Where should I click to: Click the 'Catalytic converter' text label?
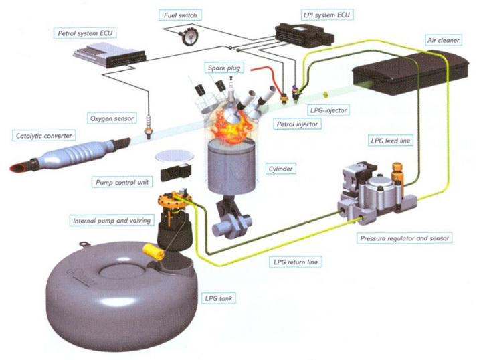point(41,136)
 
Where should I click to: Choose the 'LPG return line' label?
point(295,262)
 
